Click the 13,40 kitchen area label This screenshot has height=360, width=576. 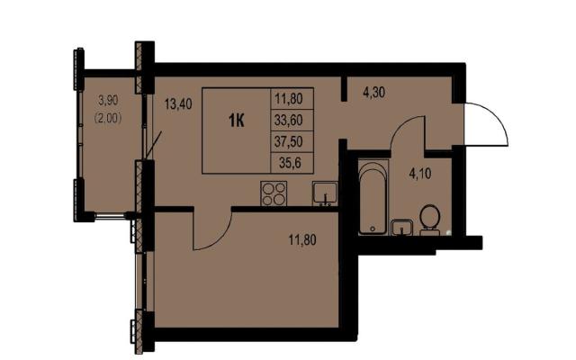tap(178, 104)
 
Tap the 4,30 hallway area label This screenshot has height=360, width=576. tap(374, 93)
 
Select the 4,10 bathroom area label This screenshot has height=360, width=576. tap(420, 173)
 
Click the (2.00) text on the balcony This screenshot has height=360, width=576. tap(108, 118)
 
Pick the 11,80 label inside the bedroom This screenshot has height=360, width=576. tap(302, 240)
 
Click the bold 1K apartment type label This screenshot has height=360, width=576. tap(236, 121)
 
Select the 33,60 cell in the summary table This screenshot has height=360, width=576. tap(289, 120)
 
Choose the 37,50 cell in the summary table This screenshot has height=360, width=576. tap(289, 141)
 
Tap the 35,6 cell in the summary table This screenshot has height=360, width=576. tap(290, 162)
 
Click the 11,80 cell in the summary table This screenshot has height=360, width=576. tap(289, 98)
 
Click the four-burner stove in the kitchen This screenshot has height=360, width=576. tap(274, 193)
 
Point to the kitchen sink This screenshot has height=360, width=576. tap(325, 193)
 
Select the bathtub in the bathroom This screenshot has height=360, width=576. tap(373, 197)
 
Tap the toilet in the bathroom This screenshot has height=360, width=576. tap(430, 220)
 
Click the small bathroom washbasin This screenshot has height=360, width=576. tap(402, 228)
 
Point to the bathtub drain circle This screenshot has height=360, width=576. tap(373, 229)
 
